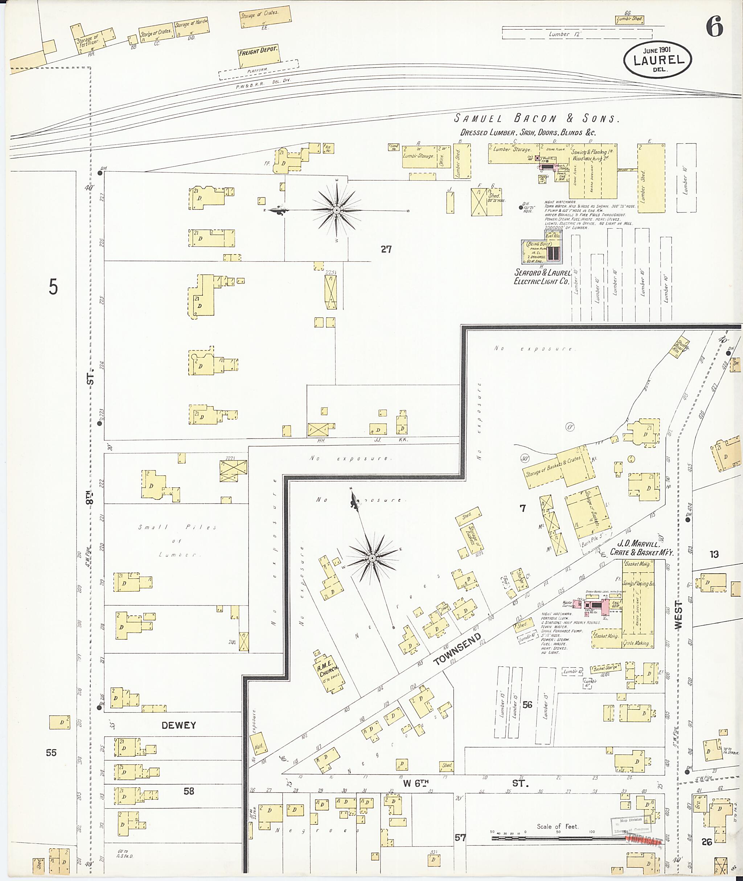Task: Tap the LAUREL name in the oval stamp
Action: pos(658,60)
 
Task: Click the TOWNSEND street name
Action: pos(457,649)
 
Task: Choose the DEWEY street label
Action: pos(178,725)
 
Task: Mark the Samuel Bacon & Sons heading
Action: pos(536,119)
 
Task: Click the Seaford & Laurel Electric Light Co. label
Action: pos(542,277)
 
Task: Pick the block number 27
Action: pos(386,249)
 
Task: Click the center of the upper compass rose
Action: pos(337,210)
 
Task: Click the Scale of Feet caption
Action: pos(557,826)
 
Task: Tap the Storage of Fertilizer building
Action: pos(87,42)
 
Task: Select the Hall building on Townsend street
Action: pos(259,746)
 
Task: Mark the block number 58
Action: pos(189,791)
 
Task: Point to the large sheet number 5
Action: pos(53,287)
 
